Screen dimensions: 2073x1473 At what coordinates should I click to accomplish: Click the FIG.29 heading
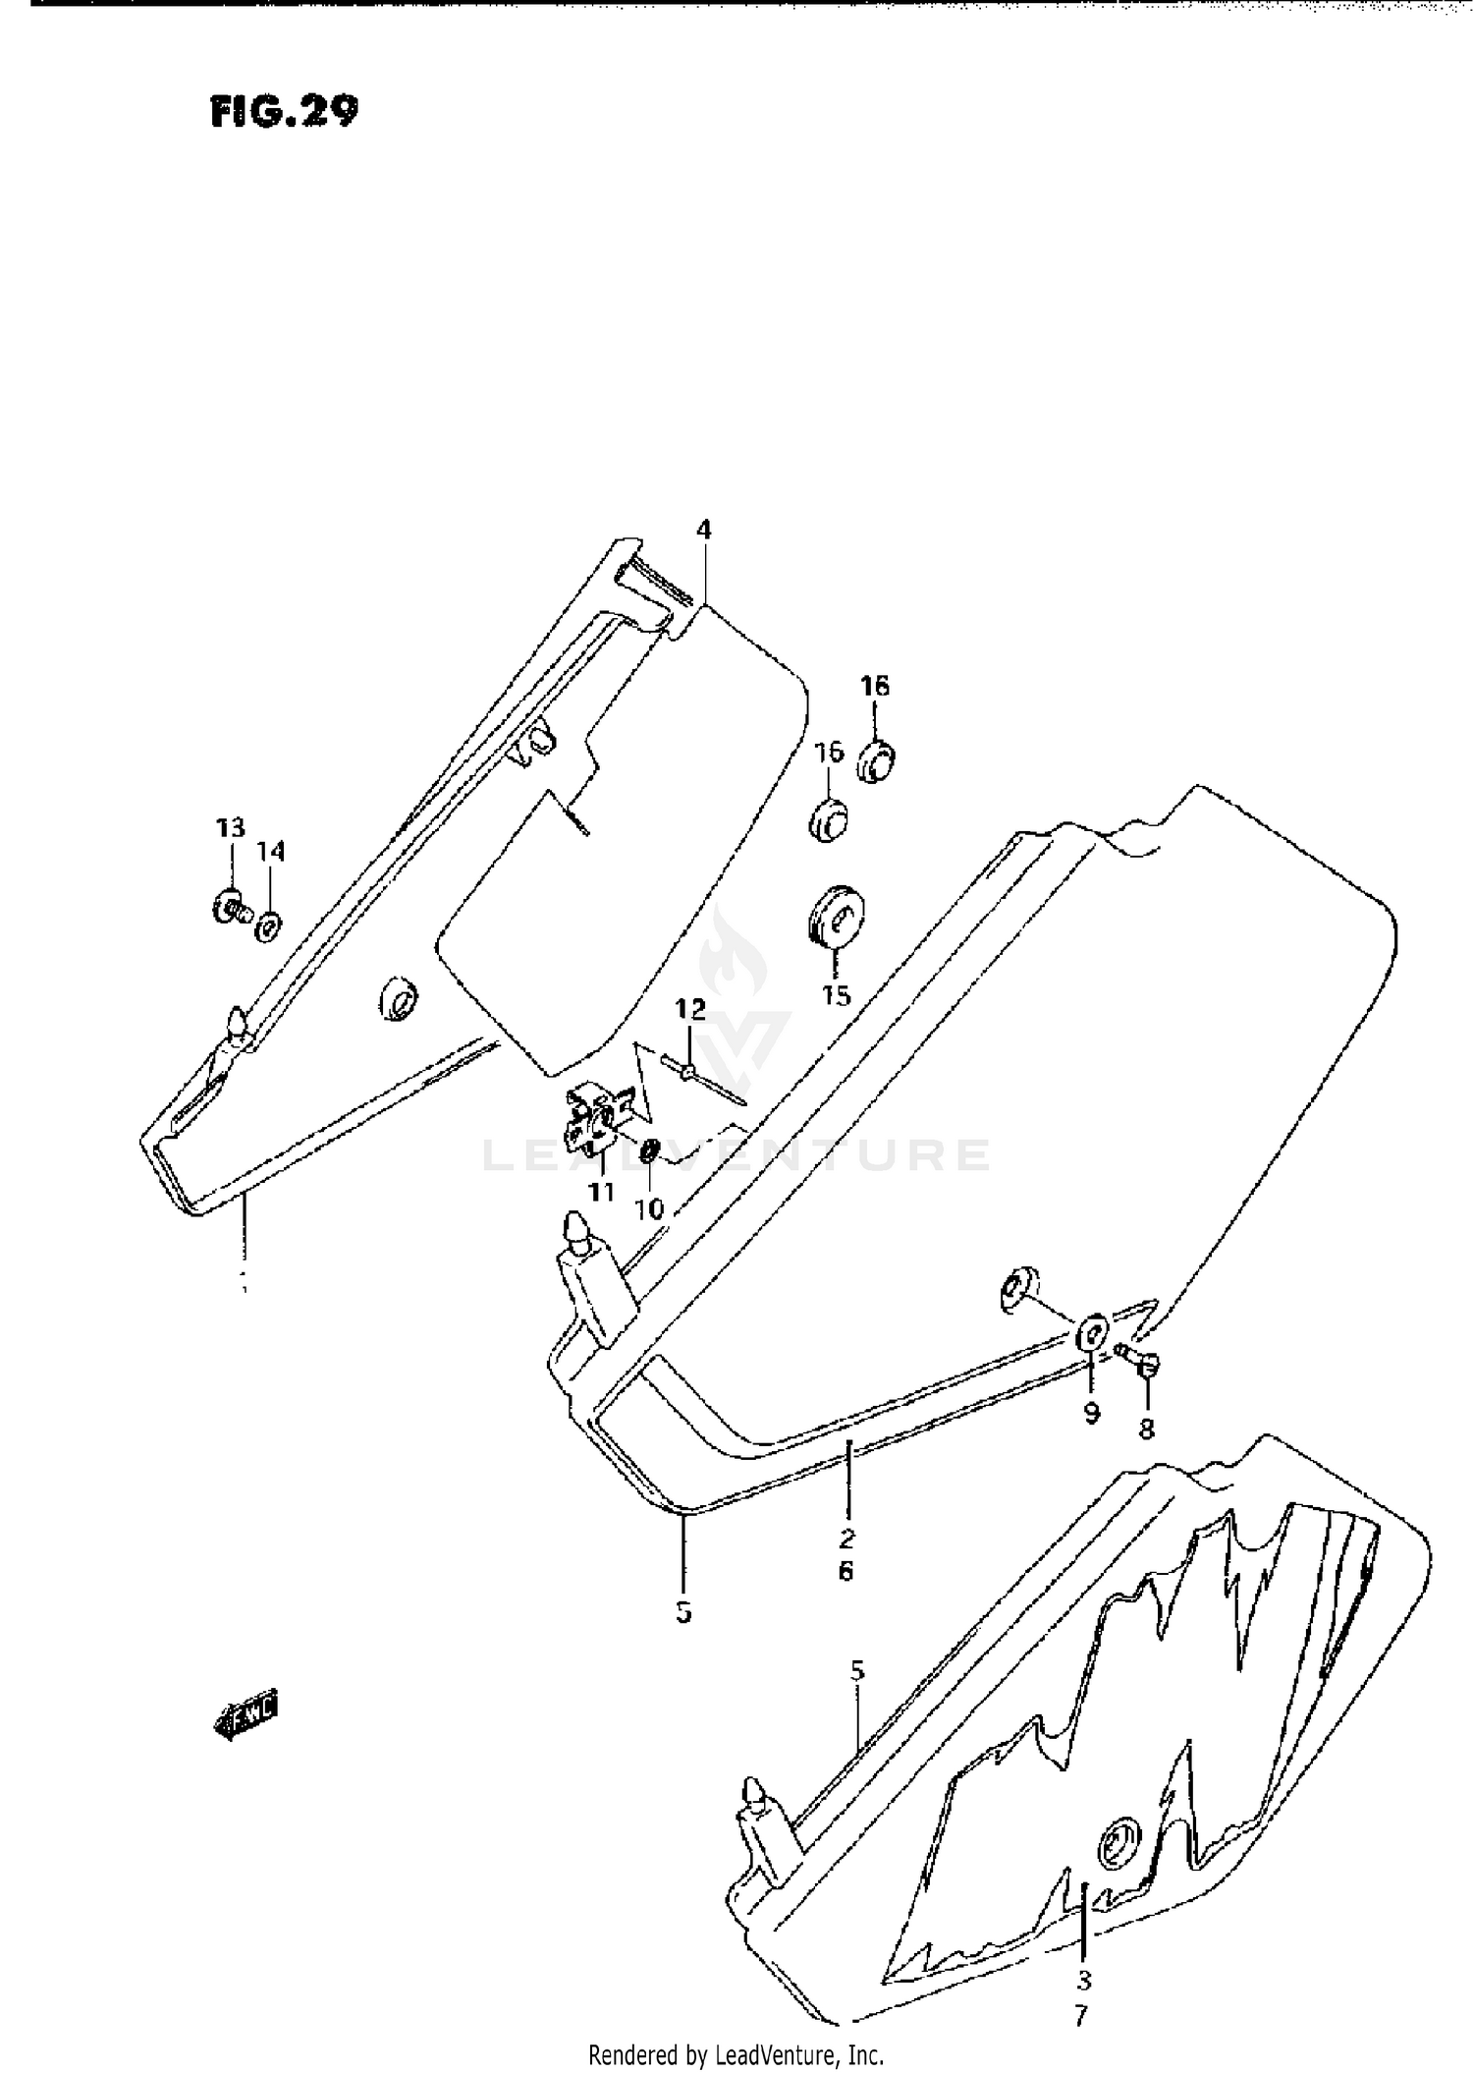pos(284,112)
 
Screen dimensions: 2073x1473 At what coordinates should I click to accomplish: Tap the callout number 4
pos(703,531)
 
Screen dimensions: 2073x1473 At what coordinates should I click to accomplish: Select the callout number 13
pos(230,827)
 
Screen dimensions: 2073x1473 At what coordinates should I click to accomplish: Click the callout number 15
pos(836,996)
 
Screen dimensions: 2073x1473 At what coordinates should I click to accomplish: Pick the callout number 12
pos(689,1008)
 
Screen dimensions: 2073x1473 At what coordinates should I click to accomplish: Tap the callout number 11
pos(601,1192)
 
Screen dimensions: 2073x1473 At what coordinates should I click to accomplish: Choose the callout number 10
pos(649,1208)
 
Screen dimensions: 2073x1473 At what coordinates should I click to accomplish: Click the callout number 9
pos(1092,1414)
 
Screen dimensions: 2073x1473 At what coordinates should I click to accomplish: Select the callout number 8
pos(1146,1429)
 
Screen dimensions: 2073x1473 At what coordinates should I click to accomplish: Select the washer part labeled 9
pos(1092,1336)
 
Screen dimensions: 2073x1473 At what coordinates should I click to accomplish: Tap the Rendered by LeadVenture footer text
pos(736,2054)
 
